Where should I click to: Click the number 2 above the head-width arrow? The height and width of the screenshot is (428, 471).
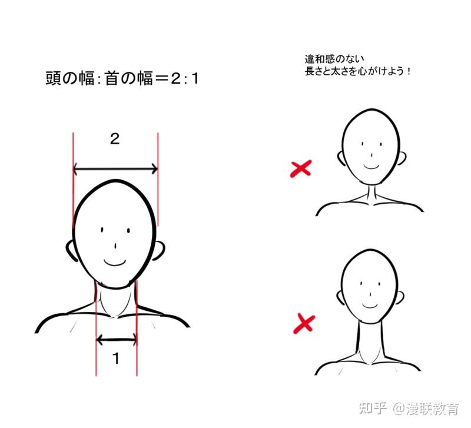[x=115, y=139]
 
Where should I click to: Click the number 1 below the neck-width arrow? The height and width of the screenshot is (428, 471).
[x=116, y=359]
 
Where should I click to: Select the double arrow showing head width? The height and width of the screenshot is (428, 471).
[x=115, y=169]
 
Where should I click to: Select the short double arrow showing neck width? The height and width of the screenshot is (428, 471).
[x=117, y=340]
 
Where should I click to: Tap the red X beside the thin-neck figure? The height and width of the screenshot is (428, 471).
[x=301, y=168]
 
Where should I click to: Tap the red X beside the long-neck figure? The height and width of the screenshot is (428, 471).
[x=304, y=323]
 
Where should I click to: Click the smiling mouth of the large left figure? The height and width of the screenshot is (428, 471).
[x=115, y=262]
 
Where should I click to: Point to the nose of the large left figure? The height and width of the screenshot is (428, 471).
[x=115, y=246]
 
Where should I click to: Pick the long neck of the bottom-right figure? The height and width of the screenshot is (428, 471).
[x=370, y=341]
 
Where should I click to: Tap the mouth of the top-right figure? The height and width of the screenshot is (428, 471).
[x=372, y=167]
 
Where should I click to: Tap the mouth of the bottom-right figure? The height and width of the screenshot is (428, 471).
[x=370, y=306]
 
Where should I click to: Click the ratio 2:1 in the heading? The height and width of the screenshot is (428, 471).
[x=185, y=79]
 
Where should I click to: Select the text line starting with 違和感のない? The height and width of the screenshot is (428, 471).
[x=334, y=59]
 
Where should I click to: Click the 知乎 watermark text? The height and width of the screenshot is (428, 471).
[x=373, y=409]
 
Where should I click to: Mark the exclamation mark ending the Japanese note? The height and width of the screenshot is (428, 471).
[x=409, y=71]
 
